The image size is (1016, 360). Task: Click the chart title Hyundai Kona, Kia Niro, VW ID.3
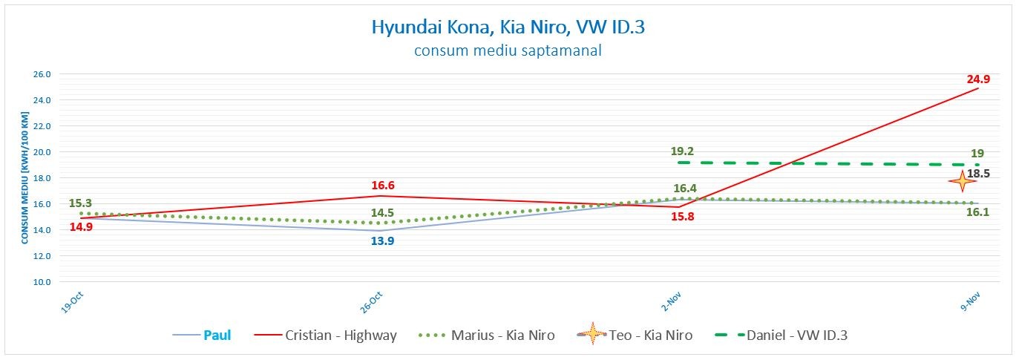pyautogui.click(x=508, y=27)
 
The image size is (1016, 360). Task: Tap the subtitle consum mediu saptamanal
pyautogui.click(x=508, y=51)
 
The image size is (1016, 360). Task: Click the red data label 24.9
pyautogui.click(x=978, y=79)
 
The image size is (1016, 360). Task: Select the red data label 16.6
pyautogui.click(x=381, y=186)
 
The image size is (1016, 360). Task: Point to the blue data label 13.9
pyautogui.click(x=381, y=240)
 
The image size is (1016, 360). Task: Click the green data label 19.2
pyautogui.click(x=681, y=151)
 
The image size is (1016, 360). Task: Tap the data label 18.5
pyautogui.click(x=978, y=173)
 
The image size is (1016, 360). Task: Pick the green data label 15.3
pyautogui.click(x=79, y=203)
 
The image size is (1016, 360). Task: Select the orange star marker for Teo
pyautogui.click(x=962, y=180)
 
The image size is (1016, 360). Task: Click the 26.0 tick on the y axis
pyautogui.click(x=42, y=74)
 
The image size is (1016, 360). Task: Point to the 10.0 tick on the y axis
pyautogui.click(x=42, y=282)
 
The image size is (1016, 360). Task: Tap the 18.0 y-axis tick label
pyautogui.click(x=42, y=178)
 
